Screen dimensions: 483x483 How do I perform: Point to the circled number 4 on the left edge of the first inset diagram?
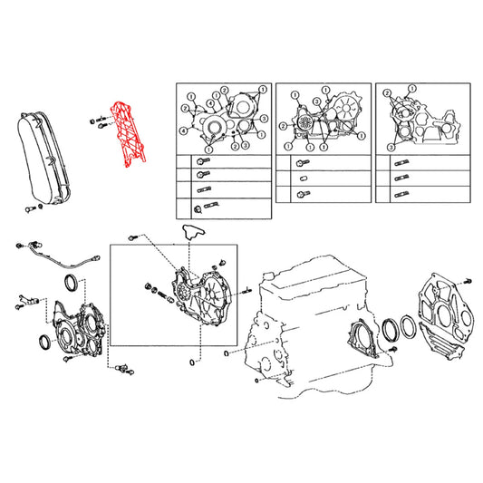tap(183, 130)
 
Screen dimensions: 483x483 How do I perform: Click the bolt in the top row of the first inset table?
tap(201, 161)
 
